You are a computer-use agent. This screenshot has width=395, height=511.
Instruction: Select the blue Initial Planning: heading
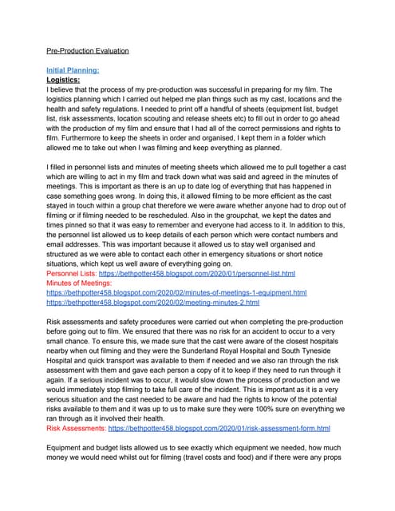73,70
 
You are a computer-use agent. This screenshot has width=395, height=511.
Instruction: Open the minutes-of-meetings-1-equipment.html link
176,293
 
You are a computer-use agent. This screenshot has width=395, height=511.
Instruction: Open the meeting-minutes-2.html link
152,303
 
